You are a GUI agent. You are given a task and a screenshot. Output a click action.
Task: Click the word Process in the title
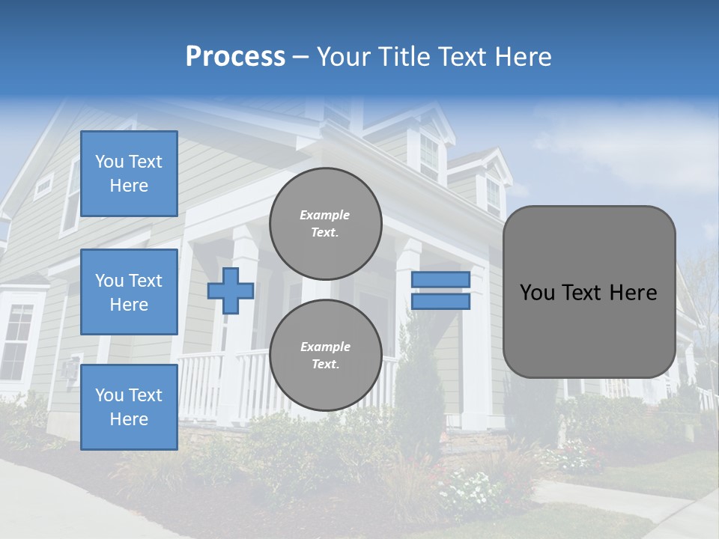point(235,57)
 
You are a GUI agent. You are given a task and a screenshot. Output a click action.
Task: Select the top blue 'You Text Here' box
point(129,174)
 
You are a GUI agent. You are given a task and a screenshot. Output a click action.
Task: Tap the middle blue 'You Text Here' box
point(129,292)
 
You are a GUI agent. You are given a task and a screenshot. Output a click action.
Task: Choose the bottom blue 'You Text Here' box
point(129,406)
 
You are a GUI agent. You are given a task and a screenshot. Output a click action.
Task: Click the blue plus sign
point(231,290)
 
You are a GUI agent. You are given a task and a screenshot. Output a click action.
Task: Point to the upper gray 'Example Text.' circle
point(325,224)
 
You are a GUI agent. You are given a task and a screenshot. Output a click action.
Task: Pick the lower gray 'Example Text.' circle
point(325,355)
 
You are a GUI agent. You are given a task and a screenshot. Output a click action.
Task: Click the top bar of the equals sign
point(440,279)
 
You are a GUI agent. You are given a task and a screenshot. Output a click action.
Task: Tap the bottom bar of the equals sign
point(440,302)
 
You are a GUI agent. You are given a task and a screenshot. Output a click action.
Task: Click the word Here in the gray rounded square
point(633,293)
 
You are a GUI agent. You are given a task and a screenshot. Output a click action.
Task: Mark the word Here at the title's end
point(524,57)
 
